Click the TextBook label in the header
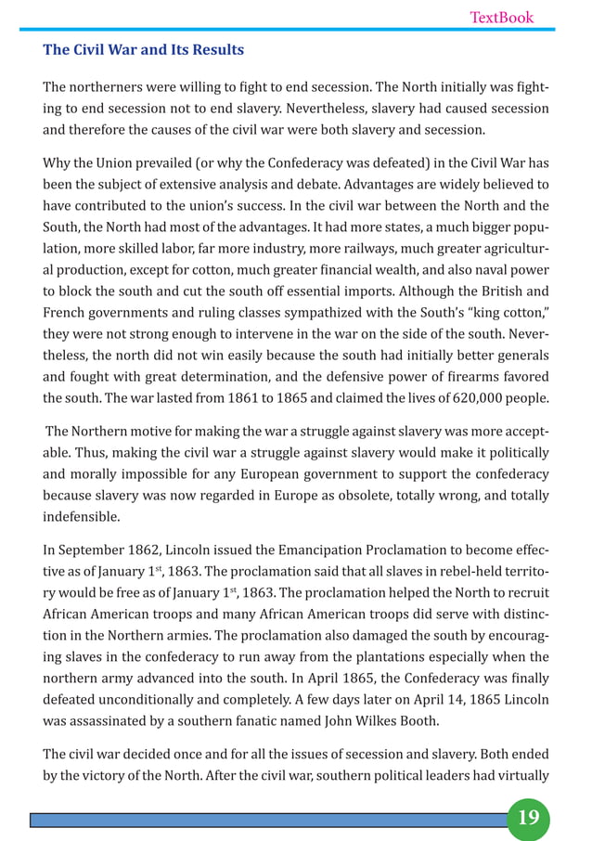(501, 17)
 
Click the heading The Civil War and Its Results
(144, 49)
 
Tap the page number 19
(528, 818)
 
